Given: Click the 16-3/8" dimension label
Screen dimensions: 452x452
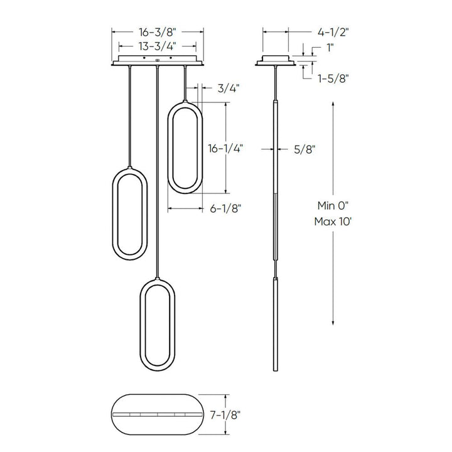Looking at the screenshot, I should pyautogui.click(x=158, y=30).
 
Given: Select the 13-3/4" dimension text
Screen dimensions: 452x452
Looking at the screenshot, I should pyautogui.click(x=158, y=45).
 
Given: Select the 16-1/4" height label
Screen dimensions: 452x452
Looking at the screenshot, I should pyautogui.click(x=225, y=149).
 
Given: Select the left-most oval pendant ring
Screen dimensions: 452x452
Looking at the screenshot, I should pyautogui.click(x=129, y=213).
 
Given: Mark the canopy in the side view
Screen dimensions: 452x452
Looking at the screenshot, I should pyautogui.click(x=276, y=61).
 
